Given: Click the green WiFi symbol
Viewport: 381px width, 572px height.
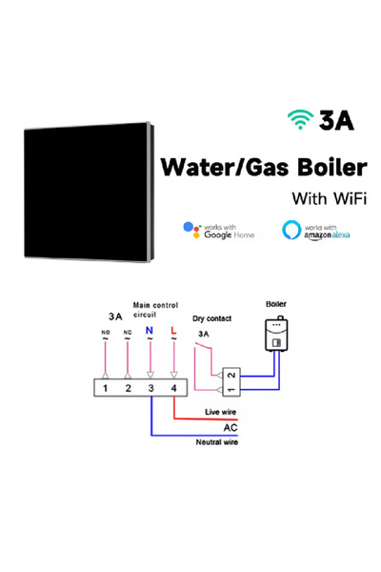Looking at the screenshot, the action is (300, 119).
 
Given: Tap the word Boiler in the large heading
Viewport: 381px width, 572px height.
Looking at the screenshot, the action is (331, 168).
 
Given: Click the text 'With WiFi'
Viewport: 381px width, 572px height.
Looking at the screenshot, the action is (329, 199).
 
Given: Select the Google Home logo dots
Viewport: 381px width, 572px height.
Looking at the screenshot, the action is (192, 230).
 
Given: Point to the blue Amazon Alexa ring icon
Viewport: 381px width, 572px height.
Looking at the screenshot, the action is (291, 230).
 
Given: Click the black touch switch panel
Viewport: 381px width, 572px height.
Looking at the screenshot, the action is (89, 193).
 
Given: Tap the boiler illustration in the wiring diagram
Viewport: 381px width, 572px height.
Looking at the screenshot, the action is (276, 336).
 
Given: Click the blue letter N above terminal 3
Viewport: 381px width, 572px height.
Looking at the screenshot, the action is (150, 331).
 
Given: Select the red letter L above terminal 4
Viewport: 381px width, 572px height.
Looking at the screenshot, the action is (173, 331).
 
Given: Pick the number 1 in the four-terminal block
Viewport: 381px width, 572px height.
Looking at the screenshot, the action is (105, 388).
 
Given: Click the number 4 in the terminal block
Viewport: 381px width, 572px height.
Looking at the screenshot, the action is (174, 388).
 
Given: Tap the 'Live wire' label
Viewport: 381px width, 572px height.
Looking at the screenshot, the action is (221, 412).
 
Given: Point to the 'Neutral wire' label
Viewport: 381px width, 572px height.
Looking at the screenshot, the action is (217, 442).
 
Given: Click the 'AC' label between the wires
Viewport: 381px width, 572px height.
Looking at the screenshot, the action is (231, 427).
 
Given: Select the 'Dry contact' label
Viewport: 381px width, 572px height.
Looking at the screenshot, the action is (211, 318).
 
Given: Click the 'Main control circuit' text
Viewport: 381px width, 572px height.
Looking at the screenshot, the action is (155, 310).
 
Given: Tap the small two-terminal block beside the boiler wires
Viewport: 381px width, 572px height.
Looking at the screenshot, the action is (231, 382).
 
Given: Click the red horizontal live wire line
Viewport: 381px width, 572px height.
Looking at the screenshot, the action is (206, 419).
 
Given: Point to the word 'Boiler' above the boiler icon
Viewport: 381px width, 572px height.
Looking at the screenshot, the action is (276, 304).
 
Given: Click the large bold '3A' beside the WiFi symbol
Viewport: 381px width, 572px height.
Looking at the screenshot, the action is (336, 120).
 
